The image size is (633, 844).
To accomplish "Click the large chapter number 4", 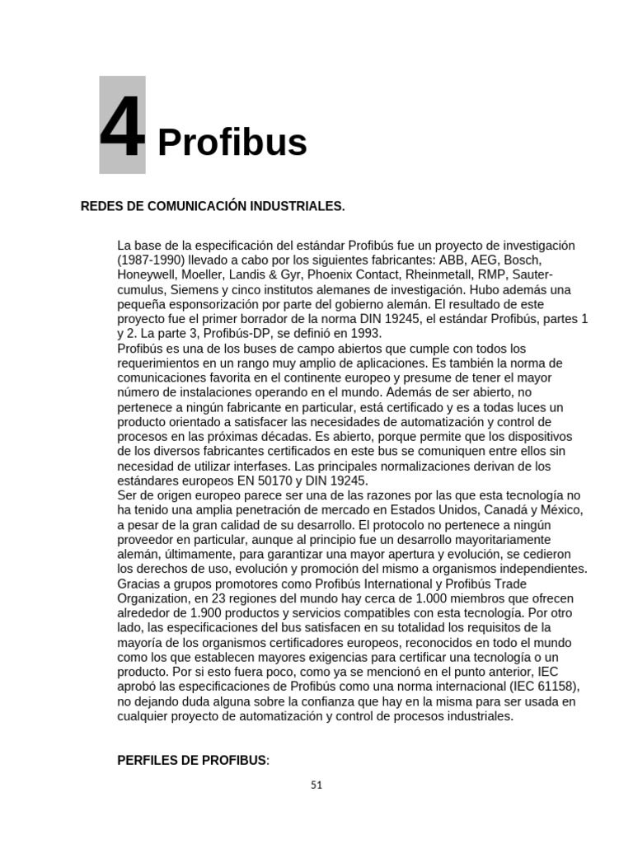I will (122, 128).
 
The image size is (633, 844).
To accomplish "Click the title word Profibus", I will (232, 143).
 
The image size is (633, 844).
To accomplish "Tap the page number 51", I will (316, 785).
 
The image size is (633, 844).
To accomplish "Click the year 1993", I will (364, 334).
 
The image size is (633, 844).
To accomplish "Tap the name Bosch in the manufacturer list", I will (522, 260).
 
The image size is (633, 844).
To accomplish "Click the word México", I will (560, 510).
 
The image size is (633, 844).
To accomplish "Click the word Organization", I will (155, 598).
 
